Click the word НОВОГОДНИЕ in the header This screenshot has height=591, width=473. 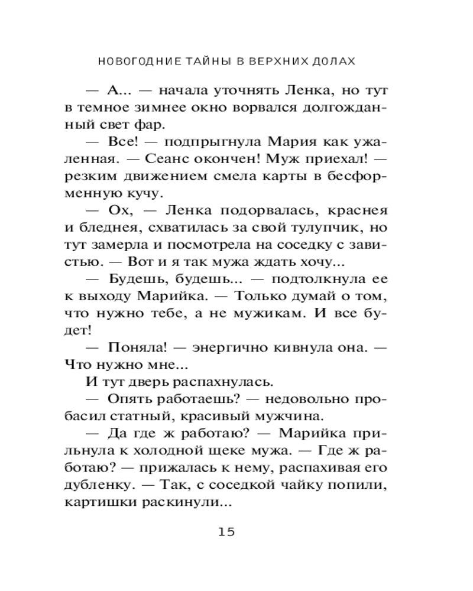[x=131, y=61]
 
